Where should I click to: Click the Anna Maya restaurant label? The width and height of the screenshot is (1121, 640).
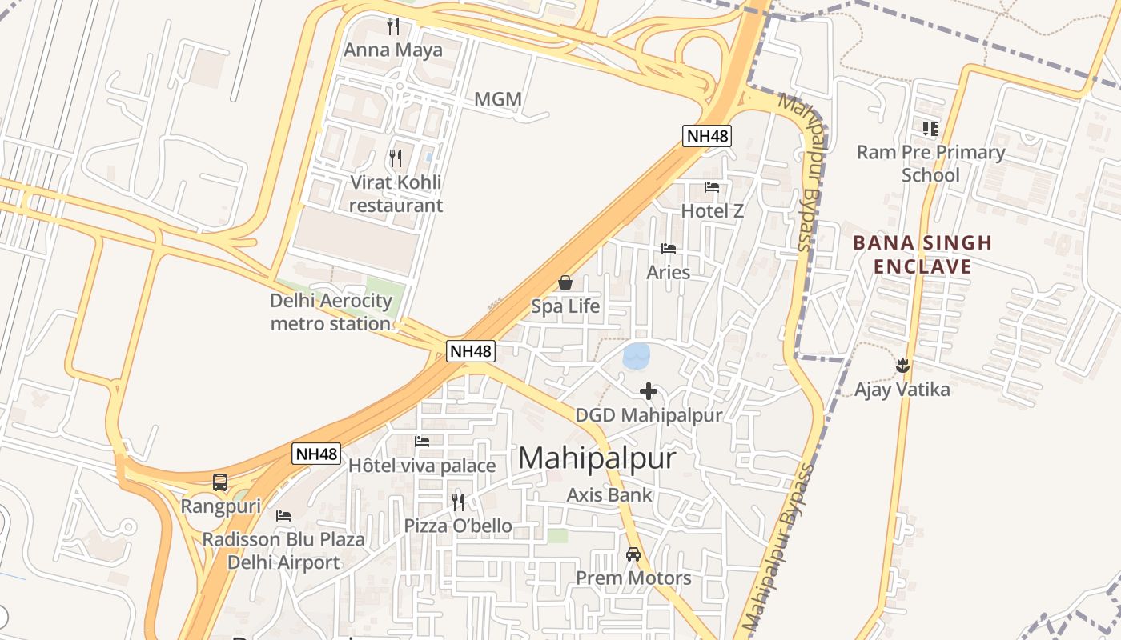(x=392, y=50)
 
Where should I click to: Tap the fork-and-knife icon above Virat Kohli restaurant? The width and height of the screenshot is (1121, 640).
(x=395, y=158)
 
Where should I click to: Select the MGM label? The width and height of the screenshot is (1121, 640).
(x=497, y=99)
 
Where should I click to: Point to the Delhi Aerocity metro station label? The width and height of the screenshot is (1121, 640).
(x=331, y=312)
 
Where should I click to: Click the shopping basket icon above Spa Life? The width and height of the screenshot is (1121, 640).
(x=565, y=282)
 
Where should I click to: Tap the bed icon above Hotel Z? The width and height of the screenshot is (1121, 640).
(x=712, y=187)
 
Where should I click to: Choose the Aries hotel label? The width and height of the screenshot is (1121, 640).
(x=668, y=272)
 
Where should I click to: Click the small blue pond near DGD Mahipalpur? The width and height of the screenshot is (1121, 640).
(x=637, y=356)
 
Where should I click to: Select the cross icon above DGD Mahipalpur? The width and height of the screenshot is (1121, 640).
(x=649, y=391)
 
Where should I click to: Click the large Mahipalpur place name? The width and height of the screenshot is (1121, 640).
(x=597, y=458)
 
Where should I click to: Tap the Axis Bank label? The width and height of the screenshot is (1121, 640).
(x=609, y=494)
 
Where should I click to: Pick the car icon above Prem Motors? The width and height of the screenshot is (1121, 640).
(x=633, y=554)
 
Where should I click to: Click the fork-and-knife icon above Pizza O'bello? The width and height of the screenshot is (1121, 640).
(x=458, y=502)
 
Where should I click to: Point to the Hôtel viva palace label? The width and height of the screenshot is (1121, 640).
(x=422, y=465)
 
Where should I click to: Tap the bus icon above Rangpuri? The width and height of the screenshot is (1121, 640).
(x=220, y=482)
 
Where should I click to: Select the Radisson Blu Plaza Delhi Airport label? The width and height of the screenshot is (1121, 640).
(x=283, y=550)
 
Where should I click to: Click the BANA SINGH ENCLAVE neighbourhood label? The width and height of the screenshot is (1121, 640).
(x=922, y=254)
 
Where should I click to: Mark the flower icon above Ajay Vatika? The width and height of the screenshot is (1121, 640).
(x=902, y=366)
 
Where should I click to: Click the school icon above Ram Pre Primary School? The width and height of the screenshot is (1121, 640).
(x=930, y=128)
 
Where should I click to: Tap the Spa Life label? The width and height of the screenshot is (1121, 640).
(x=565, y=306)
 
